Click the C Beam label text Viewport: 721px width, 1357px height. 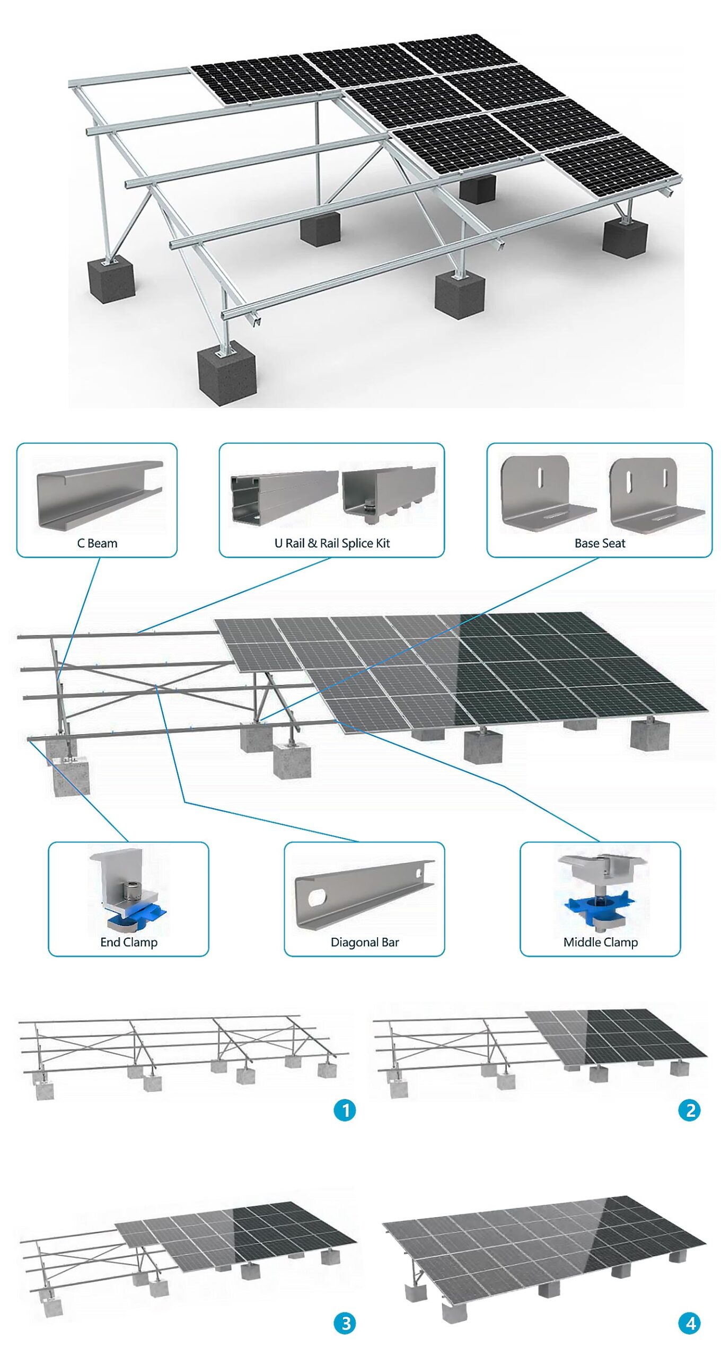[x=97, y=543]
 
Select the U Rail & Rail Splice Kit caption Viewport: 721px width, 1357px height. [x=332, y=543]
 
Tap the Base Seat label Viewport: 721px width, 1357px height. [x=600, y=543]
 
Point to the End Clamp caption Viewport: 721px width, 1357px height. [x=129, y=942]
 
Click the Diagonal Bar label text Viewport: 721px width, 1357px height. [x=365, y=942]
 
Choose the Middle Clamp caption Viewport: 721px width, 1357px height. [x=600, y=942]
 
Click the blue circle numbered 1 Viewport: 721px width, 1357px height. [x=345, y=1109]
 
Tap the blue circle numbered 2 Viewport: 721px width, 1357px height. [x=689, y=1109]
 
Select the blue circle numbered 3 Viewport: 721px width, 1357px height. [x=345, y=1323]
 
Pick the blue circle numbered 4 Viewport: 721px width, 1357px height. [x=689, y=1323]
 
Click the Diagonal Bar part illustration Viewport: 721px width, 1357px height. [x=365, y=893]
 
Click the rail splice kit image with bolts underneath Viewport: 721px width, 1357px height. [x=388, y=492]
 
